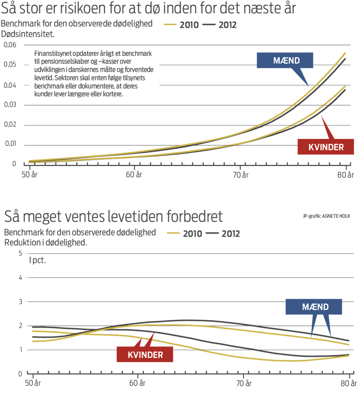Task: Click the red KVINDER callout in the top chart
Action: coord(325,147)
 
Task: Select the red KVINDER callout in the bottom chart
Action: coord(145,355)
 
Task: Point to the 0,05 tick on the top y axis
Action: coord(10,65)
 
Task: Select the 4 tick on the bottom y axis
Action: coord(21,277)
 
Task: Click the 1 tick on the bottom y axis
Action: coord(21,349)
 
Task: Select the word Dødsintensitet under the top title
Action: coord(28,34)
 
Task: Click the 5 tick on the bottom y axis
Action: coord(21,253)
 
